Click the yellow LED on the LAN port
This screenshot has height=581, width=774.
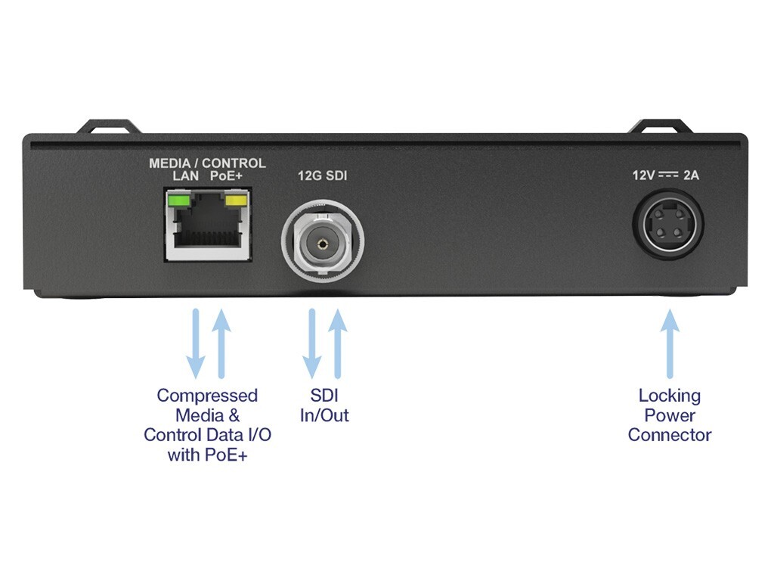(236, 200)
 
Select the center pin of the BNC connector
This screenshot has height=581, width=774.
(323, 243)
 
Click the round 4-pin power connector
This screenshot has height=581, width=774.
(668, 223)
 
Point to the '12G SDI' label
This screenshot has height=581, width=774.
(322, 176)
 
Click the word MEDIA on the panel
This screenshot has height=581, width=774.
(170, 163)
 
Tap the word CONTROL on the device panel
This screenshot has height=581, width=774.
(234, 163)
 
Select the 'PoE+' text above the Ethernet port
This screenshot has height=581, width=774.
(226, 176)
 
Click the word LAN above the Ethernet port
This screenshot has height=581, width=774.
(186, 176)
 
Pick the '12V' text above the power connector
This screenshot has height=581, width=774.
(644, 176)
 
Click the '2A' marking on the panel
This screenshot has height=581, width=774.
(691, 176)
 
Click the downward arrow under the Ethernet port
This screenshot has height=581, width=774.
(196, 344)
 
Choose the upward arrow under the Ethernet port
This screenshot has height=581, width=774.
(221, 344)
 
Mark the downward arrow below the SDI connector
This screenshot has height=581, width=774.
(312, 344)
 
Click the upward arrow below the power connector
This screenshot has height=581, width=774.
(670, 344)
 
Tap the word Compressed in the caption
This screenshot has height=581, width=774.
(207, 396)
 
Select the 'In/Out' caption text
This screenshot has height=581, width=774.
(324, 415)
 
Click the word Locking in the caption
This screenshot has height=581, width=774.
(670, 396)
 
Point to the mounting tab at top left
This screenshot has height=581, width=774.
(108, 126)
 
